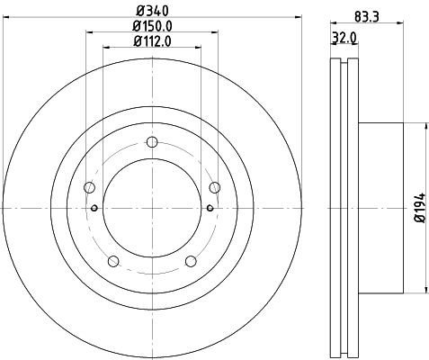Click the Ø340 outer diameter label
(x=151, y=12)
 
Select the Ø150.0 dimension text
(x=151, y=26)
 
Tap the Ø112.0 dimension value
(x=151, y=40)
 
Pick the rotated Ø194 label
(x=418, y=207)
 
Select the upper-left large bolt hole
(x=88, y=187)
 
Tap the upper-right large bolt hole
(x=214, y=187)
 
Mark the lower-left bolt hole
(x=112, y=261)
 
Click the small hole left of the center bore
(x=94, y=208)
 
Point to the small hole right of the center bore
(x=209, y=208)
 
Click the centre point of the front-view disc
(x=151, y=208)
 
